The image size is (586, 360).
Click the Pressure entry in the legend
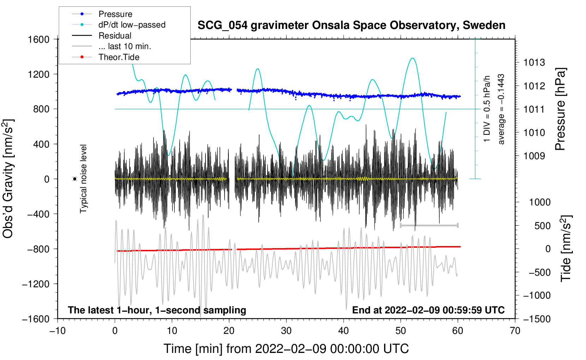tap(102, 14)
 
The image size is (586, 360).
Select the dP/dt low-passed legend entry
tap(119, 25)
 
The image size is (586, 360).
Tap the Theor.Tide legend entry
tap(106, 57)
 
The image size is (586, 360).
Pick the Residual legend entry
tap(102, 36)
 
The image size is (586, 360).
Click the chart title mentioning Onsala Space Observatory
tap(351, 25)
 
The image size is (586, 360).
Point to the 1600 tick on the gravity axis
tap(39, 39)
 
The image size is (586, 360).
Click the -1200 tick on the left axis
tap(36, 284)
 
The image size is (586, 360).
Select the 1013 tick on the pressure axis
tap(534, 62)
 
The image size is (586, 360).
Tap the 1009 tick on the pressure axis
tap(534, 156)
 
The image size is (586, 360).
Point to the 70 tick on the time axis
tap(515, 331)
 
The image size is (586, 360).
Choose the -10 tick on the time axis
tap(58, 331)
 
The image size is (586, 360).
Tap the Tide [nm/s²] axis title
tap(566, 248)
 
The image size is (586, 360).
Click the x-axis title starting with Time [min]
tap(286, 349)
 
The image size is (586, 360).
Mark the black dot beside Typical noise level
tap(75, 179)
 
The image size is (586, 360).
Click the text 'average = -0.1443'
tap(501, 109)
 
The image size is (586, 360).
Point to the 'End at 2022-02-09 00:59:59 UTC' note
tap(428, 310)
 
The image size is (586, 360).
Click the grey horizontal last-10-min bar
tap(429, 225)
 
